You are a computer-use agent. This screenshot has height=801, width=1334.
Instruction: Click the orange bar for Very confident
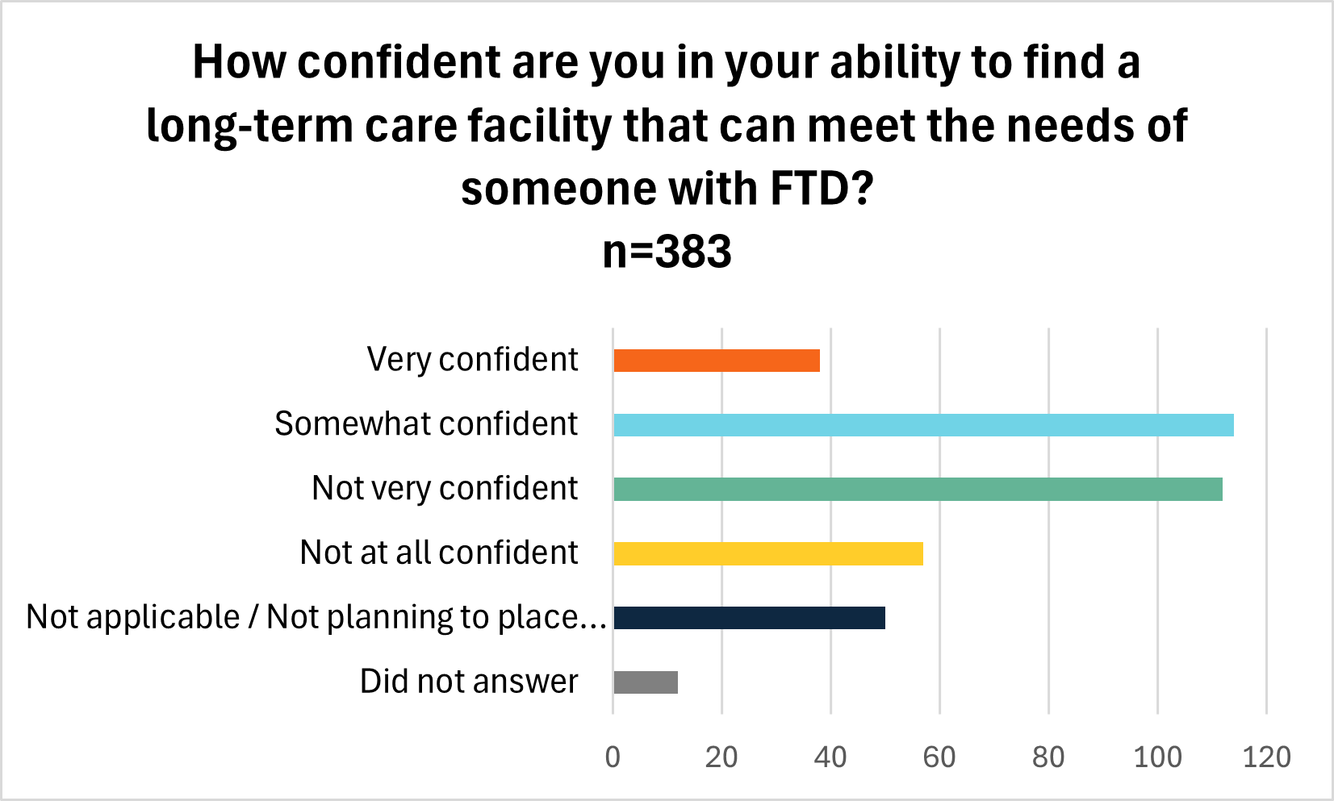point(717,361)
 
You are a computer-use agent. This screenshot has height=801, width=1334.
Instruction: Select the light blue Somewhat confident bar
point(923,425)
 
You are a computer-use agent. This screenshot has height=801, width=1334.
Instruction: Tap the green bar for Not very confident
point(918,490)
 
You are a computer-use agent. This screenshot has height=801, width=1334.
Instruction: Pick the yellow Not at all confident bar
point(768,554)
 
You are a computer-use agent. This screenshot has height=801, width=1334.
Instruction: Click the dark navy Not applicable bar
point(749,618)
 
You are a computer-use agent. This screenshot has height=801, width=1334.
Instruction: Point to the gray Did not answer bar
point(646,682)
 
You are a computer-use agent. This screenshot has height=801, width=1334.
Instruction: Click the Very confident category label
point(472,360)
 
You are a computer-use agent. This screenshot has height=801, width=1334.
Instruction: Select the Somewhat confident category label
point(426,424)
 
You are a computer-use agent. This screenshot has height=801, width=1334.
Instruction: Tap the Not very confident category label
point(445,489)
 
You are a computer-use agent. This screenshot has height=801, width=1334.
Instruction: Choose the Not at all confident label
point(439,553)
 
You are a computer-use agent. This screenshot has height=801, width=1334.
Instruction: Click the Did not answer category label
point(469,682)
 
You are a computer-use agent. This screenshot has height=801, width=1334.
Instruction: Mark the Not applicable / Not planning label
point(316,617)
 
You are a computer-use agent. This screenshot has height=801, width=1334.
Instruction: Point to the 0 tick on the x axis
point(613,757)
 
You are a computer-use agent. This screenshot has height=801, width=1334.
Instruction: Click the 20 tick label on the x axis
point(721,757)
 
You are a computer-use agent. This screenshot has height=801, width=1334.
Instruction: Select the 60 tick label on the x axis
point(939,757)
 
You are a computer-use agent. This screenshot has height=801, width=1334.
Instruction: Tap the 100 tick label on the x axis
point(1157,757)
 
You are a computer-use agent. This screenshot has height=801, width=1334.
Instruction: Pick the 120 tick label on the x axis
point(1266,757)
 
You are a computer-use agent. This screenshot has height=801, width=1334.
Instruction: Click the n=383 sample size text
point(667,252)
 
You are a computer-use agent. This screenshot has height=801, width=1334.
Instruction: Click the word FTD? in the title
point(821,189)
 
